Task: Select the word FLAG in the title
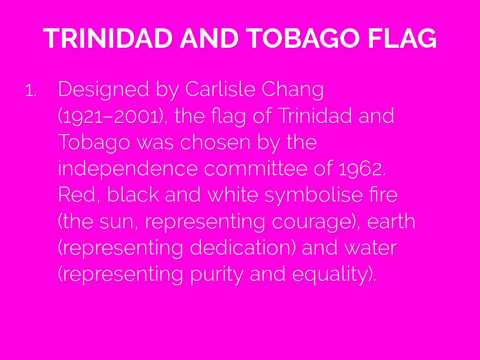pyautogui.click(x=402, y=38)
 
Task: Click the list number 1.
pyautogui.click(x=30, y=91)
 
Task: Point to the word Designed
pyautogui.click(x=104, y=90)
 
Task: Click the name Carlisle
pyautogui.click(x=220, y=89)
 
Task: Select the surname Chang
pyautogui.click(x=292, y=90)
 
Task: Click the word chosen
pyautogui.click(x=215, y=142)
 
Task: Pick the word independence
pyautogui.click(x=128, y=169)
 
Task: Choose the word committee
pyautogui.click(x=255, y=169)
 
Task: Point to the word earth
pyautogui.click(x=391, y=222)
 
